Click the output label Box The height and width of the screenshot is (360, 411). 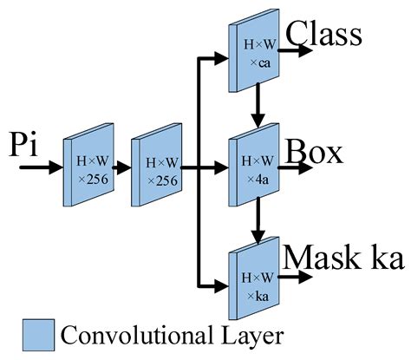[315, 152]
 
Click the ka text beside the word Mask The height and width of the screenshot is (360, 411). [384, 258]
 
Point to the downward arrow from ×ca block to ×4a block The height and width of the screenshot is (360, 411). [257, 108]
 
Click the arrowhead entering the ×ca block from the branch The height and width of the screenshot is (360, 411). [221, 57]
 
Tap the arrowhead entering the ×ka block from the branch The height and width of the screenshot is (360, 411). [221, 283]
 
